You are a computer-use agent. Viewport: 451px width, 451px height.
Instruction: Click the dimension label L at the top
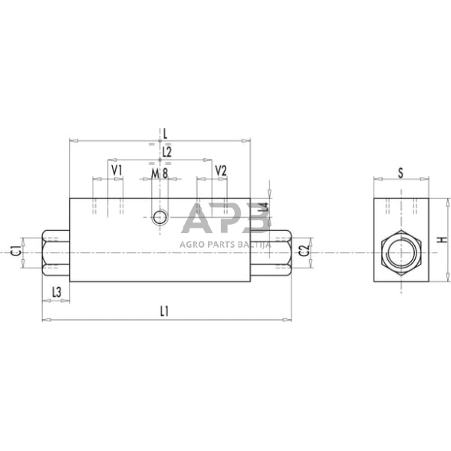pyautogui.click(x=165, y=131)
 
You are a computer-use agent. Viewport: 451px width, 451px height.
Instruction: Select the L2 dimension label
pyautogui.click(x=167, y=152)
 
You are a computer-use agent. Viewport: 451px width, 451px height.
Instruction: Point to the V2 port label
pyautogui.click(x=221, y=170)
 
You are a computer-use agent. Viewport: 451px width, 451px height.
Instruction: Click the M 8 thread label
pyautogui.click(x=159, y=173)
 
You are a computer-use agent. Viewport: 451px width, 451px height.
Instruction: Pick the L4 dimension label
pyautogui.click(x=263, y=207)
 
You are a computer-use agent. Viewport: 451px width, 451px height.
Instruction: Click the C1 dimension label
pyautogui.click(x=15, y=249)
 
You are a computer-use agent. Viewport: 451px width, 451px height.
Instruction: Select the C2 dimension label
pyautogui.click(x=303, y=249)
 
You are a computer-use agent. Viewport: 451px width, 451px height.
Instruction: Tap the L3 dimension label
pyautogui.click(x=56, y=291)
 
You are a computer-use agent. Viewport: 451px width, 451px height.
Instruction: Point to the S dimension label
pyautogui.click(x=400, y=173)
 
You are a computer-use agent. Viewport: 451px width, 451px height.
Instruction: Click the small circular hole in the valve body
pyautogui.click(x=160, y=217)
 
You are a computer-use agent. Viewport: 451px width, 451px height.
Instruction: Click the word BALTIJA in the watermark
pyautogui.click(x=251, y=244)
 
